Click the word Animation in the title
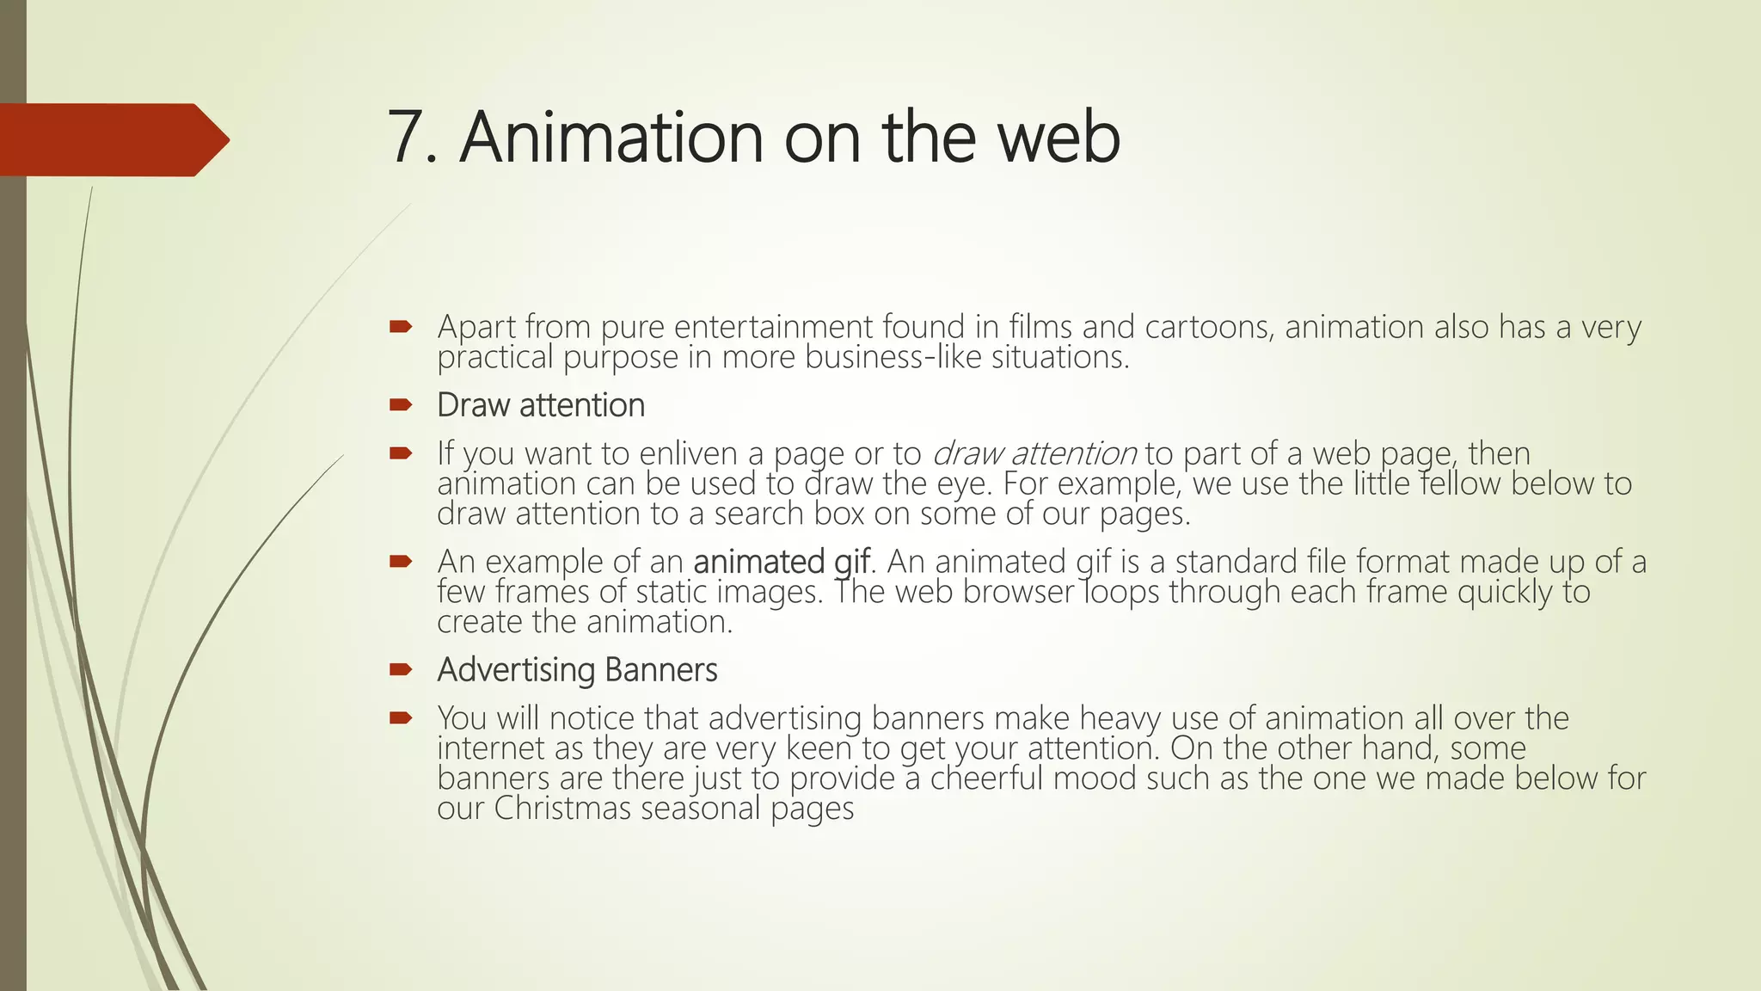point(611,138)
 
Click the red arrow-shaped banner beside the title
point(112,140)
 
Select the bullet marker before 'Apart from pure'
point(401,327)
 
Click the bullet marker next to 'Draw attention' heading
point(401,405)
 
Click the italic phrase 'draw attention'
point(1034,453)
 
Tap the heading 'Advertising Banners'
point(577,670)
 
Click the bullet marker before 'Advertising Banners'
point(401,670)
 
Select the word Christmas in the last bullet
point(562,809)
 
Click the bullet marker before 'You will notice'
point(401,718)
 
